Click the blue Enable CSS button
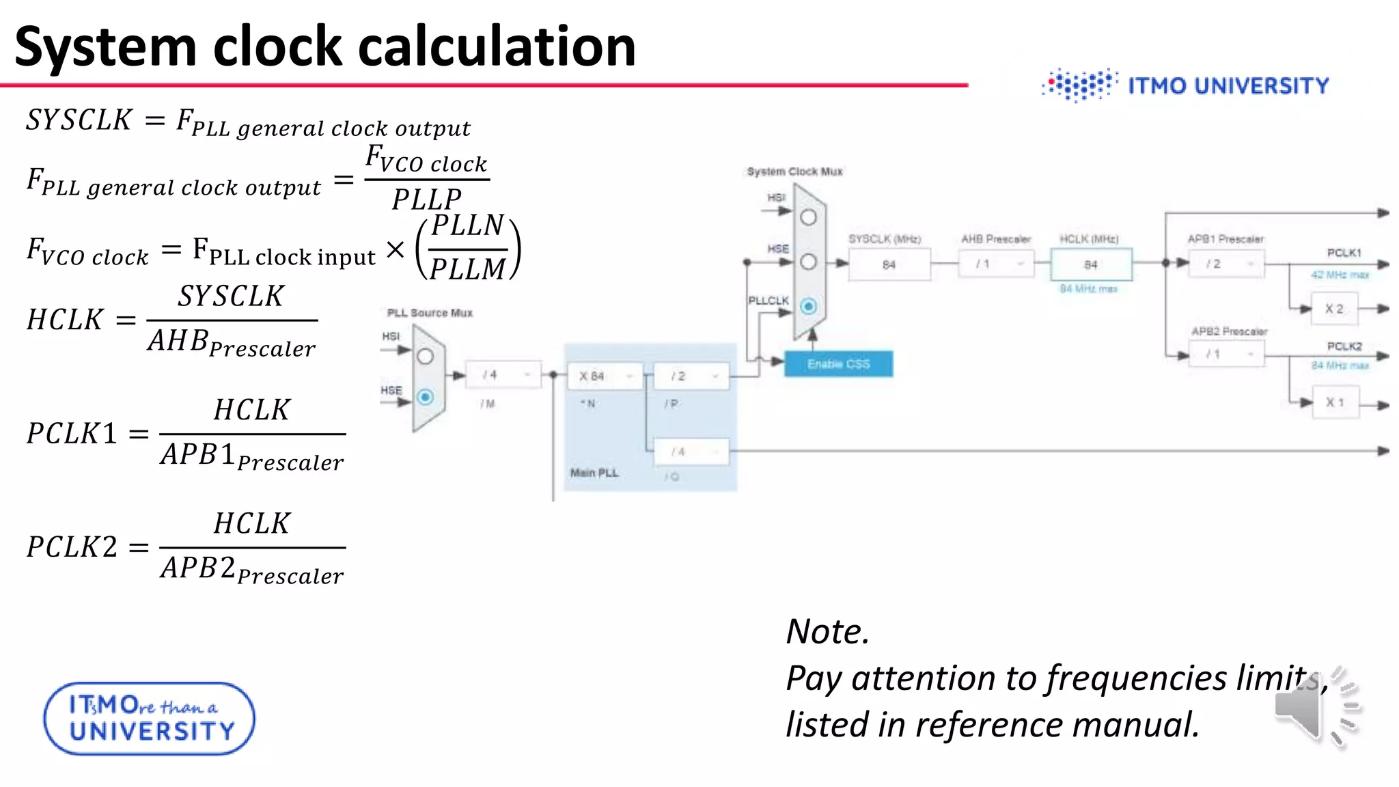pyautogui.click(x=838, y=363)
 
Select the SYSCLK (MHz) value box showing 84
pyautogui.click(x=889, y=264)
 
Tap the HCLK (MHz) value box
pyautogui.click(x=1091, y=264)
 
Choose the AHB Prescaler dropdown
pyautogui.click(x=995, y=264)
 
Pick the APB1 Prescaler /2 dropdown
pyautogui.click(x=1225, y=264)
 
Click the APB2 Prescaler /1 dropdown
pyautogui.click(x=1225, y=354)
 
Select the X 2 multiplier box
pyautogui.click(x=1334, y=309)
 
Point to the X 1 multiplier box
pyautogui.click(x=1334, y=402)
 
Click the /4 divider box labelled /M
pyautogui.click(x=503, y=374)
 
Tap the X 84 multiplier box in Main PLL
pyautogui.click(x=605, y=376)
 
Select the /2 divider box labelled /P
pyautogui.click(x=691, y=376)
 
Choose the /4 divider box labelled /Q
pyautogui.click(x=691, y=452)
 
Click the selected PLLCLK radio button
pyautogui.click(x=808, y=306)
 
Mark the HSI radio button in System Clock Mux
pyautogui.click(x=808, y=218)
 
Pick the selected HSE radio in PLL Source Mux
pyautogui.click(x=425, y=397)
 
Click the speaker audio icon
pyautogui.click(x=1315, y=708)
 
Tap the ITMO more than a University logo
pyautogui.click(x=149, y=719)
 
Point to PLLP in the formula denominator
pyautogui.click(x=427, y=199)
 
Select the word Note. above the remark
pyautogui.click(x=827, y=631)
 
